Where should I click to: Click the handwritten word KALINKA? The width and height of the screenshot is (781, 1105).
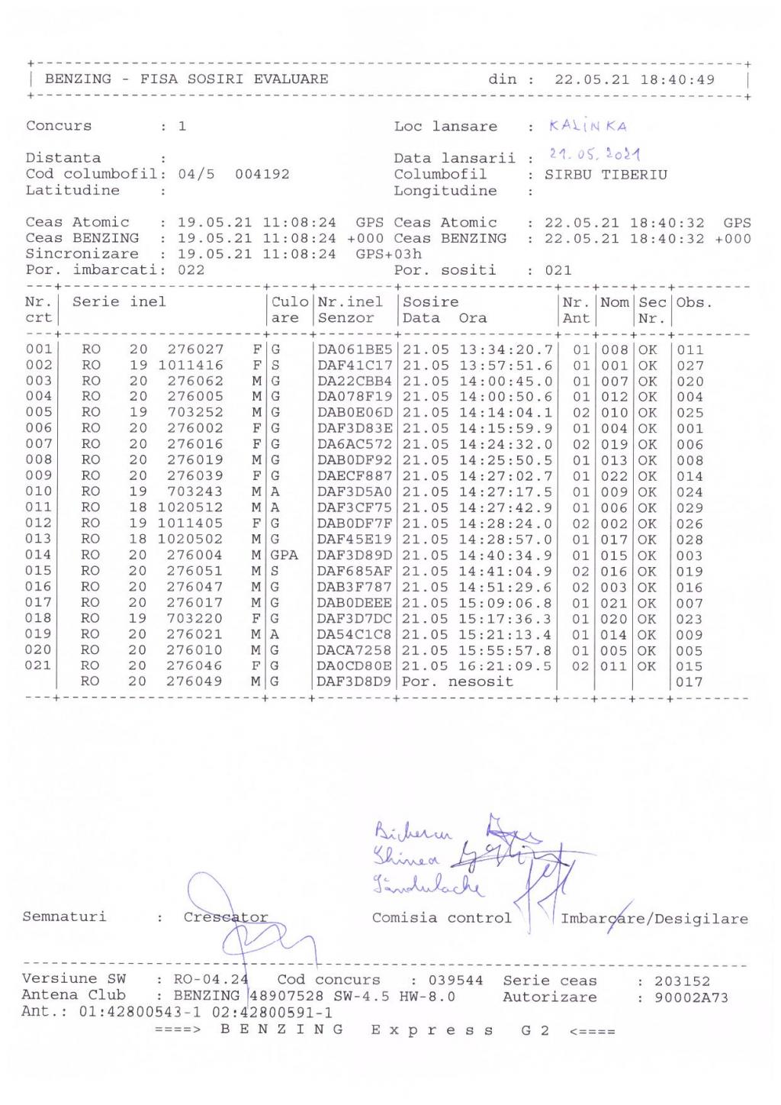pos(587,126)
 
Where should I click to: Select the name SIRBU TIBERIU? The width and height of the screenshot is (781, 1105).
pos(606,175)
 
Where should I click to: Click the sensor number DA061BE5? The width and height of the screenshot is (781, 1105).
pos(355,350)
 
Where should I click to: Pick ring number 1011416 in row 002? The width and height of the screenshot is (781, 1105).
pos(191,366)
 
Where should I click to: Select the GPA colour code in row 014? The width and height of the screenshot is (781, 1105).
pos(284,555)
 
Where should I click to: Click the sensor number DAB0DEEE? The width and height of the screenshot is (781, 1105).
pos(355,603)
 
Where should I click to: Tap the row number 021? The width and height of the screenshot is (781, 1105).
pos(39,665)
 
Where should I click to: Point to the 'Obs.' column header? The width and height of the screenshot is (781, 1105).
pos(693,302)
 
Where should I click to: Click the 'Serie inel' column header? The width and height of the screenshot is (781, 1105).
pos(119,302)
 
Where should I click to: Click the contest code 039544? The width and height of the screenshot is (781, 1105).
pos(455,981)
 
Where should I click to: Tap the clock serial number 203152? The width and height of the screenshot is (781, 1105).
pos(682,981)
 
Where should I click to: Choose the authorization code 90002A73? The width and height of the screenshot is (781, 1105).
pos(691,997)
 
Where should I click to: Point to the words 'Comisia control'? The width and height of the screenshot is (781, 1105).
pos(442,918)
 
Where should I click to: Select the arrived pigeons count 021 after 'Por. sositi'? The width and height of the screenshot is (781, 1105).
pos(558,270)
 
